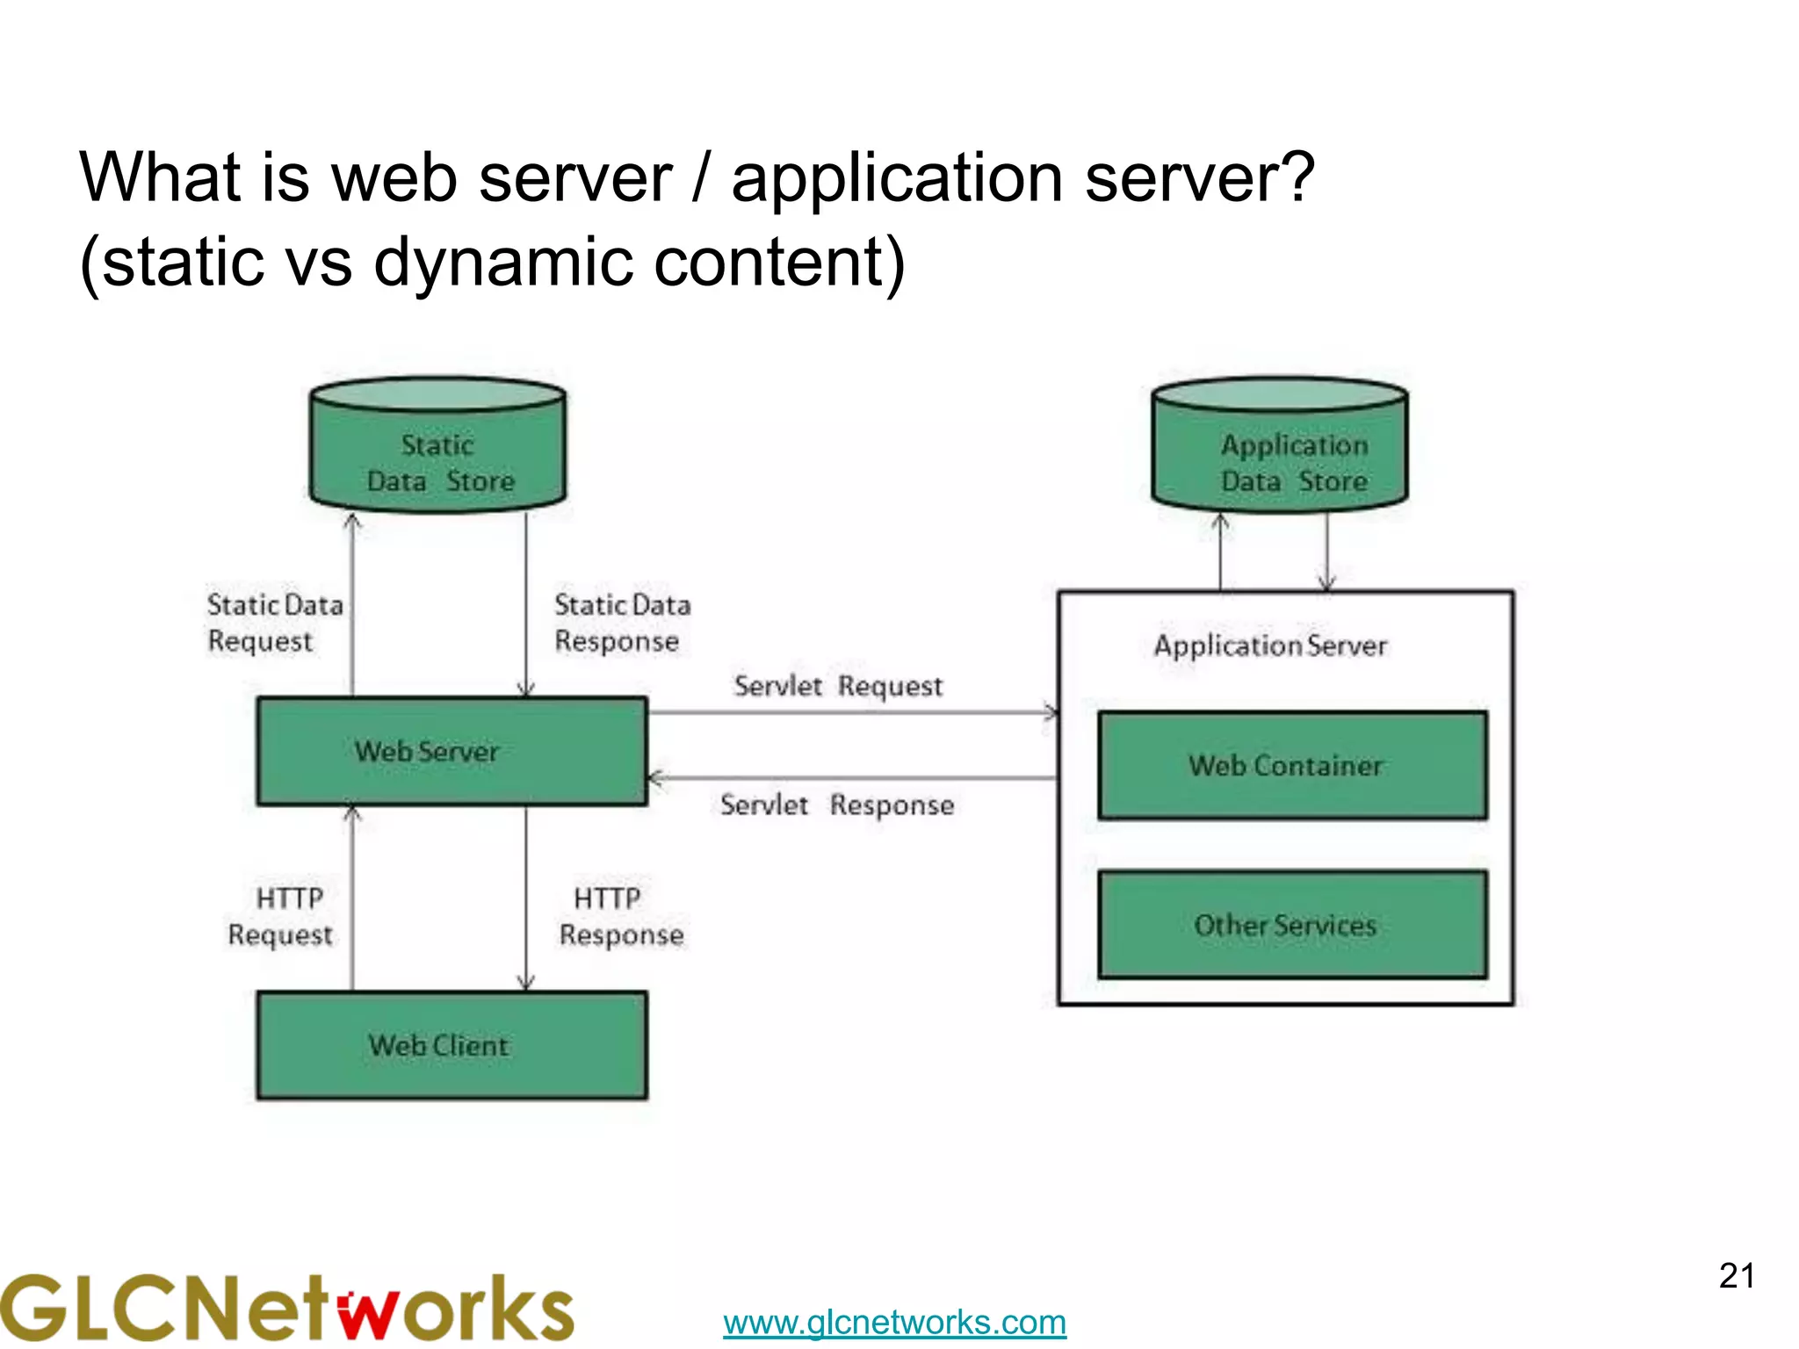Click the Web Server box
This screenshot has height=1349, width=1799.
coord(452,751)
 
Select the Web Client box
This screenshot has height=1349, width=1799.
coord(452,1045)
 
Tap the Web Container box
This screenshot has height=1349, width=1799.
coord(1292,765)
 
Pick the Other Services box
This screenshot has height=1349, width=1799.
coord(1292,925)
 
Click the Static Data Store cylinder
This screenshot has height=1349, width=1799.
coord(437,457)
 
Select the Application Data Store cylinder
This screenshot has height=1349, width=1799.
coord(1280,457)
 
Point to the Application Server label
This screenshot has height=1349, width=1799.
coord(1270,646)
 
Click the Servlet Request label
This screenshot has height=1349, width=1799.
coord(838,686)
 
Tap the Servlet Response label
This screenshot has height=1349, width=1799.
coord(837,804)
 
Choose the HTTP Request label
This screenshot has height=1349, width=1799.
coord(281,916)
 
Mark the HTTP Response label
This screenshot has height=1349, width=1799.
coord(621,916)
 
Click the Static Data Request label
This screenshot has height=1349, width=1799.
coord(274,622)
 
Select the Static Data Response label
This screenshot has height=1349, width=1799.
coord(622,622)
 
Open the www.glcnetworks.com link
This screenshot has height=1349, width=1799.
coord(894,1322)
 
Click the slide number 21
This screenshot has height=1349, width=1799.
coord(1737,1276)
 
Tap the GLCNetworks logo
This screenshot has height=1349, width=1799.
coord(286,1307)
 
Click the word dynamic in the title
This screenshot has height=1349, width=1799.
coord(503,262)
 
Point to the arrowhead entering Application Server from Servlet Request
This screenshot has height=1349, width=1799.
coord(1051,712)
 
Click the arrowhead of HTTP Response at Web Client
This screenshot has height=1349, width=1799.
coord(526,983)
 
